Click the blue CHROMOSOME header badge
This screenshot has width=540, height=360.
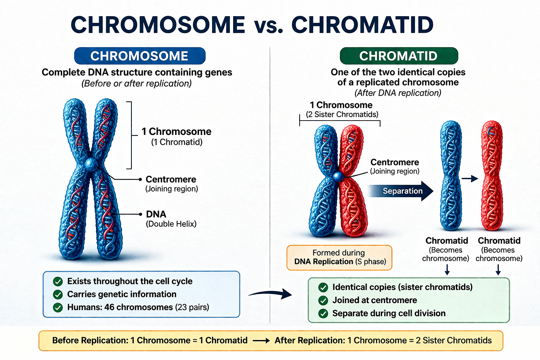click(x=140, y=56)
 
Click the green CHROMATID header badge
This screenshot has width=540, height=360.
click(x=399, y=56)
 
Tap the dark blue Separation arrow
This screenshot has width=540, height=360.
click(x=401, y=191)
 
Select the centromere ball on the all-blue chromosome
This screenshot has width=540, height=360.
click(x=91, y=164)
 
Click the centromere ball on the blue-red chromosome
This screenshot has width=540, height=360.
click(x=338, y=176)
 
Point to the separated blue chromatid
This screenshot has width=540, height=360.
click(x=451, y=176)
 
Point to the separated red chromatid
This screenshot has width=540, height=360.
click(x=492, y=176)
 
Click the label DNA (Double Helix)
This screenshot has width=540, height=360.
click(x=171, y=219)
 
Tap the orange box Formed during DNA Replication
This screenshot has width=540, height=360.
click(x=339, y=257)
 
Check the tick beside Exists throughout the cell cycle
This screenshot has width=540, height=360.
click(x=58, y=282)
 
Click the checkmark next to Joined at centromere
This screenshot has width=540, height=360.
click(x=323, y=301)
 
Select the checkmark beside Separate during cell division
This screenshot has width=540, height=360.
click(x=323, y=314)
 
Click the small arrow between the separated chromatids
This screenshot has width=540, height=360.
click(x=470, y=179)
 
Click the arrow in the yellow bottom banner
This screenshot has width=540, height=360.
click(x=261, y=341)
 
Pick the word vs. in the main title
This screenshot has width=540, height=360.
click(x=268, y=25)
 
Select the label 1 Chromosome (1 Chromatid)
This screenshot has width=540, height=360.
click(x=176, y=136)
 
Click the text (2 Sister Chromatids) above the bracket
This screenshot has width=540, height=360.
click(x=342, y=115)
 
